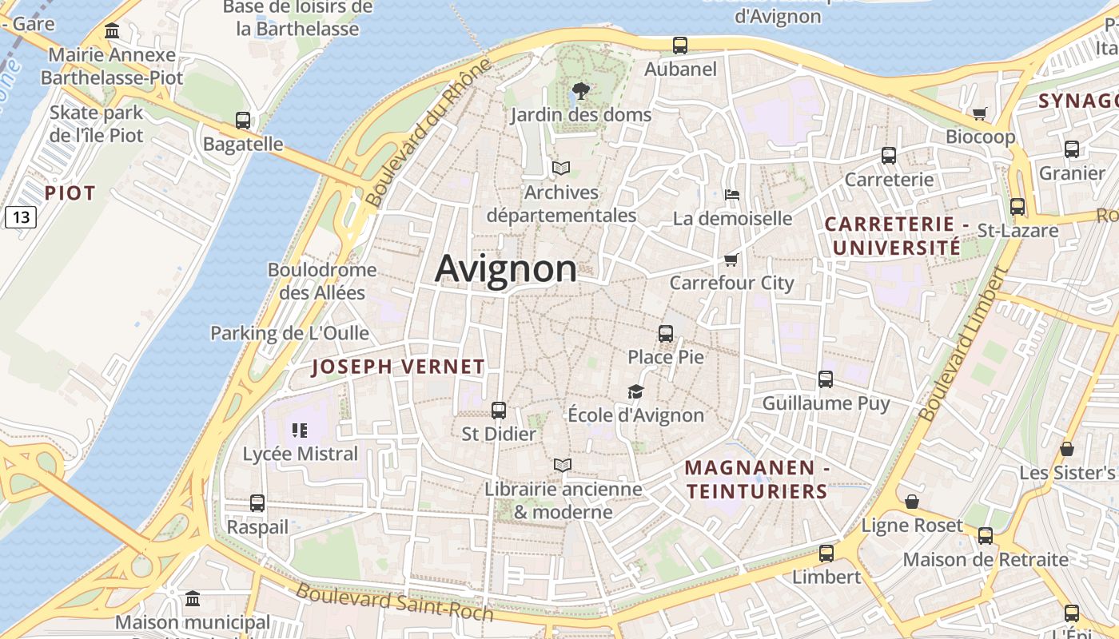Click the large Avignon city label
506,268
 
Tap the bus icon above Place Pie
666,334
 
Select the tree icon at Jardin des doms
581,91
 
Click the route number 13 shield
21,216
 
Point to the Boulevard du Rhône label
428,133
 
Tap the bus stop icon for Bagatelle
243,121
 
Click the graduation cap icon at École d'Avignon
635,391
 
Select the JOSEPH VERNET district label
398,367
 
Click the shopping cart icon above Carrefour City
731,260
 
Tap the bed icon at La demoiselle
731,194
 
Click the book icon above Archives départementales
561,168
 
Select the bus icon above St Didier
499,411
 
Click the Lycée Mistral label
301,454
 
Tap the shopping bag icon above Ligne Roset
911,502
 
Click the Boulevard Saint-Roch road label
395,601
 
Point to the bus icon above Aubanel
680,46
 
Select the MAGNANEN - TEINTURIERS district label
756,479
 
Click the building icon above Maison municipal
193,599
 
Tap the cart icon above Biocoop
980,113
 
